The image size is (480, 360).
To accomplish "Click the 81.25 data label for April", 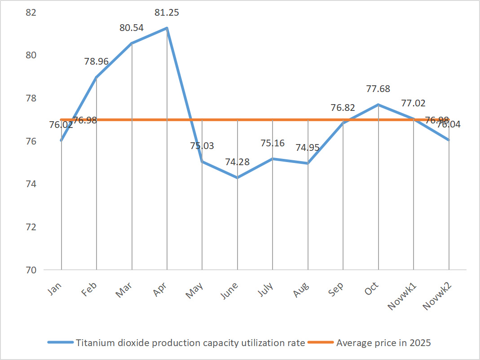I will (x=167, y=13).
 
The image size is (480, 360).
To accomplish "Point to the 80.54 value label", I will (x=132, y=28).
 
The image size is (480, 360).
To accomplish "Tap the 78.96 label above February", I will (x=96, y=61).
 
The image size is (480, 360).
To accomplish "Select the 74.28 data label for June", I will (x=237, y=162).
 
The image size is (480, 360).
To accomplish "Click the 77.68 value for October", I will (x=379, y=89).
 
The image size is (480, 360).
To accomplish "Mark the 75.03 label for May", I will (x=202, y=146).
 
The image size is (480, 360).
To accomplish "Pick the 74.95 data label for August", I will (x=308, y=147).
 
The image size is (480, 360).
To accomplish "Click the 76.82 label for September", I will (x=343, y=108).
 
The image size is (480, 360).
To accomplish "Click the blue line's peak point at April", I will (x=167, y=28).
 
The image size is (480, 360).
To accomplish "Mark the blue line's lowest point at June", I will (x=238, y=178).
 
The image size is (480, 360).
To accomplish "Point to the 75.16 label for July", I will (x=273, y=143).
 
